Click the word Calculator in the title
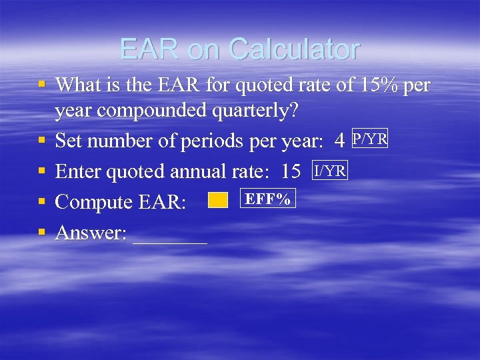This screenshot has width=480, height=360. (x=293, y=49)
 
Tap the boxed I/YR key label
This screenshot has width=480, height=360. (x=330, y=171)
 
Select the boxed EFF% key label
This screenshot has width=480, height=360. (x=267, y=199)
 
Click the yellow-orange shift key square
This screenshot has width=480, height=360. (x=218, y=200)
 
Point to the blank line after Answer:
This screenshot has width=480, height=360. (x=170, y=235)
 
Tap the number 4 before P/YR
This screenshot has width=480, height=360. (x=339, y=141)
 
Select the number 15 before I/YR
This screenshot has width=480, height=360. (x=291, y=172)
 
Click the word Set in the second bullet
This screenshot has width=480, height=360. (x=68, y=141)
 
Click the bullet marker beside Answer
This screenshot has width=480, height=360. (x=42, y=232)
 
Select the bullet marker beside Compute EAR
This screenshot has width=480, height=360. (x=42, y=201)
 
